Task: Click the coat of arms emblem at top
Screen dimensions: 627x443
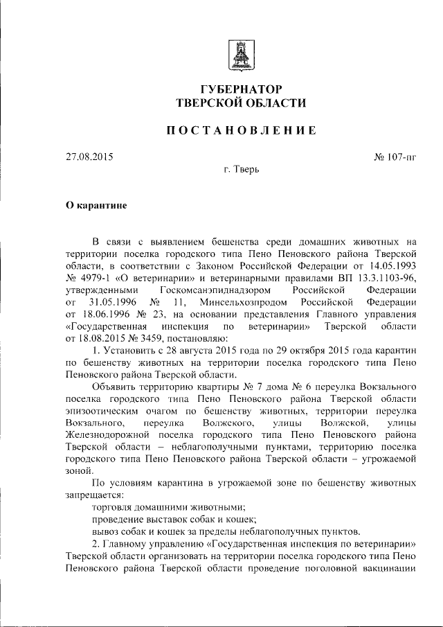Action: [x=242, y=54]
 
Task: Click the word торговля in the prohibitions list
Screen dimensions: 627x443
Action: [x=113, y=508]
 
